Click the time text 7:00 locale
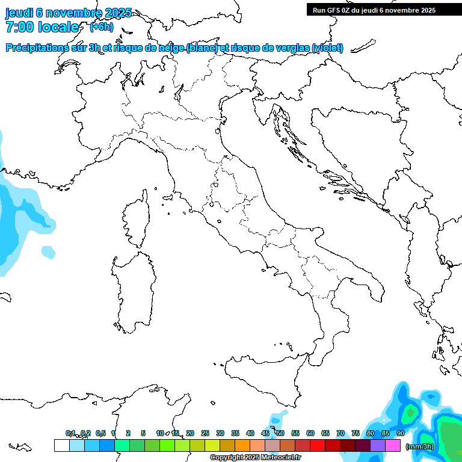42,27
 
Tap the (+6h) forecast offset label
101,26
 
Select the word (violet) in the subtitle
328,48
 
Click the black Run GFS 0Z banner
374,10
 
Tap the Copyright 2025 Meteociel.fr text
255,458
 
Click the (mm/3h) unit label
420,446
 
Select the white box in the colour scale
61,446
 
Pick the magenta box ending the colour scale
393,446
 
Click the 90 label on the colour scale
401,433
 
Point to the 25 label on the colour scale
205,433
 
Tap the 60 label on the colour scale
310,433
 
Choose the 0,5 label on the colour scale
100,433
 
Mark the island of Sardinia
134,289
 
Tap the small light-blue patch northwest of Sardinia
47,250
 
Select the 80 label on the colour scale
371,433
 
